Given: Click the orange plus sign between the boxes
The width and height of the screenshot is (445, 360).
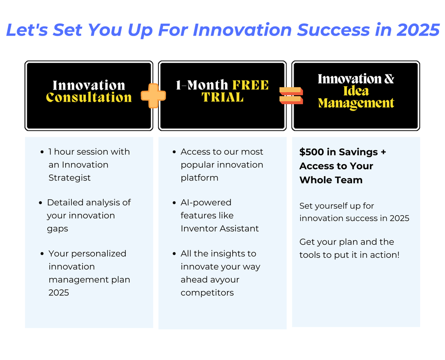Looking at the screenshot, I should point(153,96).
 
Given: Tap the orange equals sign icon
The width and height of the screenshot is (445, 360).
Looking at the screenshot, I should point(291,96).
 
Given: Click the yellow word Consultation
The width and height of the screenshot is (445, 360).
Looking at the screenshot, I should point(89,97).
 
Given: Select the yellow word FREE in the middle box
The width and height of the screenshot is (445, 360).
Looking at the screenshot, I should point(250,85).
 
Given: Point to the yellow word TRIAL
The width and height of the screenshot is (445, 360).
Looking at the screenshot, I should point(223,97).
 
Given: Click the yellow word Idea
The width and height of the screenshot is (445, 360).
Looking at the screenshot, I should point(356,91).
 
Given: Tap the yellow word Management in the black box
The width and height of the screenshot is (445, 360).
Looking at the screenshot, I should point(356,103).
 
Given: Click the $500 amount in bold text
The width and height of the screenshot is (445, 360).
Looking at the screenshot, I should point(312,152).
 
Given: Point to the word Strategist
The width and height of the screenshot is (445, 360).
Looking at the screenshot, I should point(69,178).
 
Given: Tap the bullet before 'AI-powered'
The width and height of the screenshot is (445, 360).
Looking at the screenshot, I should point(174,203).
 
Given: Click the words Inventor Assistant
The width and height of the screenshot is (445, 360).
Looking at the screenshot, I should point(219,229).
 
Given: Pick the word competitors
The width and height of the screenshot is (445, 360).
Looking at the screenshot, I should point(207,293).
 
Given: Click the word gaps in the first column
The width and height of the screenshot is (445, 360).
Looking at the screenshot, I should point(57,229).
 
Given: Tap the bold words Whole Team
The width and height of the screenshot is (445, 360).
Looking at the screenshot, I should point(331,180).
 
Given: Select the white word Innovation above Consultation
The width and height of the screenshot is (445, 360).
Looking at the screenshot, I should point(89,85).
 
